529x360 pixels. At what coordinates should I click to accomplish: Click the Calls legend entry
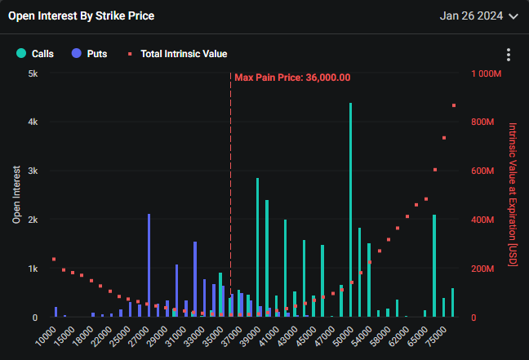click(35, 54)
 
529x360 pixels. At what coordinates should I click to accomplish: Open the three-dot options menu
click(509, 55)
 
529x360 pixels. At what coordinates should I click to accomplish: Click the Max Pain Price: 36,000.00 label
click(292, 78)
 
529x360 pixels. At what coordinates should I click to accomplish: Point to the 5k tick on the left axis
click(33, 73)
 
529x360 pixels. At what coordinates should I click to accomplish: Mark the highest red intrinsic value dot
click(453, 105)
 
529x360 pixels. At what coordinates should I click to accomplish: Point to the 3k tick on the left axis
click(33, 171)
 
